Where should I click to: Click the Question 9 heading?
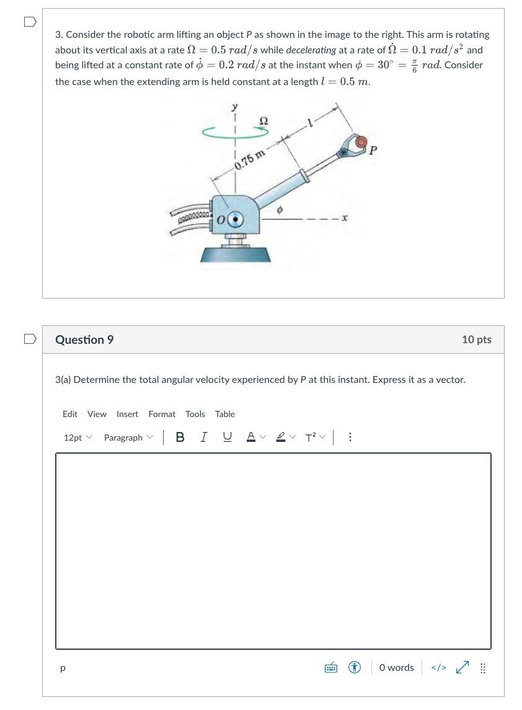click(x=84, y=339)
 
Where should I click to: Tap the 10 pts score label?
click(x=476, y=339)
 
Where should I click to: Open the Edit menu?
click(x=70, y=414)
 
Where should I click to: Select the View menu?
click(x=97, y=414)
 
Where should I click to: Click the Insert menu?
click(x=127, y=414)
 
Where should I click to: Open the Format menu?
click(x=162, y=414)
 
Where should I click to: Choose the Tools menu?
click(x=195, y=414)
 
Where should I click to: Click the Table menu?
click(x=225, y=414)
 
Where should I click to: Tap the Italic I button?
click(x=203, y=438)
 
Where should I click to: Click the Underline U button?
click(x=228, y=438)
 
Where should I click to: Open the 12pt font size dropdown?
click(x=77, y=438)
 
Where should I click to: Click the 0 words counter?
click(x=396, y=668)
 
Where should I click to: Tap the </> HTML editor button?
click(x=438, y=668)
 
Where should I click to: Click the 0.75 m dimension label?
click(x=250, y=159)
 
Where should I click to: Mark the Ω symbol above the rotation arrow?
click(x=263, y=121)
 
